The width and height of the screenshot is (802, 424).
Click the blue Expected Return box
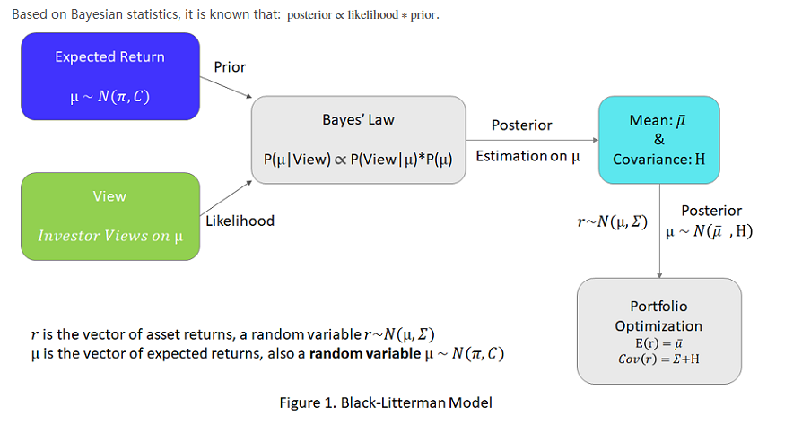pos(109,76)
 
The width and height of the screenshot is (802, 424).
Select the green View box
pos(109,216)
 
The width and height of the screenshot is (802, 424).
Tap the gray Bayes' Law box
pos(358,139)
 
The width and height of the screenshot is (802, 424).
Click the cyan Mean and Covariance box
pos(658,139)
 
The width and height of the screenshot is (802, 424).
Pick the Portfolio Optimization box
pos(658,330)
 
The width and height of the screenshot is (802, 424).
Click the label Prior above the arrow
pos(230,67)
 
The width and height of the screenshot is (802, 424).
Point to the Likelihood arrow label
pos(240,221)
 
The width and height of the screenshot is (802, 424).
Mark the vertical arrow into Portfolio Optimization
pos(659,229)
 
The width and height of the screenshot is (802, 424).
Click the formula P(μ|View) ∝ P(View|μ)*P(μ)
pos(358,159)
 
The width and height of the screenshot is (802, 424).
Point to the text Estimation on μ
pos(527,156)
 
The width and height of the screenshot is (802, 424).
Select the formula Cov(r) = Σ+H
pos(659,359)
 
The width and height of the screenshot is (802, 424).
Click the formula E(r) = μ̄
pos(659,343)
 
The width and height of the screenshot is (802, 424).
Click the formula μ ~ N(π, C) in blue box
pos(109,96)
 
